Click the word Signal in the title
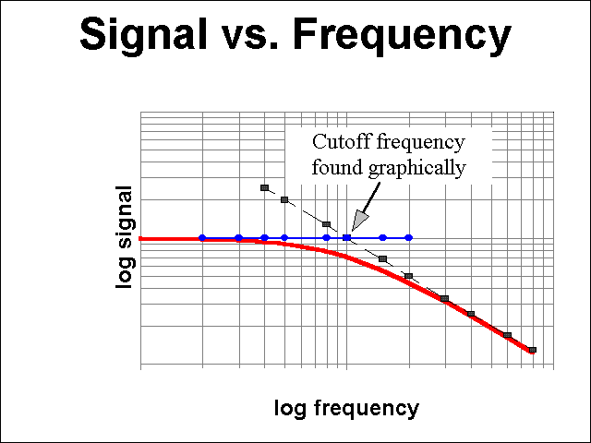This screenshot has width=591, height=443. (x=143, y=35)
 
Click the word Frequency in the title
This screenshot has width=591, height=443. (x=403, y=35)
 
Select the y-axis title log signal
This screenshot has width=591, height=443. (x=124, y=237)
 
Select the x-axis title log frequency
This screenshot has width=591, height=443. (x=346, y=408)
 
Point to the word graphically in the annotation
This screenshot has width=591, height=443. (x=417, y=168)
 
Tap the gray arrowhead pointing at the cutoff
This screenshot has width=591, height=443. (x=360, y=221)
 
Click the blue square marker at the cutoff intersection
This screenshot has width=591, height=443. (x=347, y=237)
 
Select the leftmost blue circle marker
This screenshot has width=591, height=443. (x=202, y=238)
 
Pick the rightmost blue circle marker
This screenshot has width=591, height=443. (x=408, y=238)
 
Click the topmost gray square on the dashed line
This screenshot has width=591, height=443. (x=265, y=187)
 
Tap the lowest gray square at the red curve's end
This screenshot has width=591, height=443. (x=532, y=350)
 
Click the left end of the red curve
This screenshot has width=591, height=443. (x=139, y=239)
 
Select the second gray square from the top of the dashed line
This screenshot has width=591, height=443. (x=284, y=199)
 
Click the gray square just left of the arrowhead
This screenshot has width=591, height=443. (x=326, y=224)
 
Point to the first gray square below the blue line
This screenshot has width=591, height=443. (x=382, y=258)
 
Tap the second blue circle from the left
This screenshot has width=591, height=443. (x=238, y=238)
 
